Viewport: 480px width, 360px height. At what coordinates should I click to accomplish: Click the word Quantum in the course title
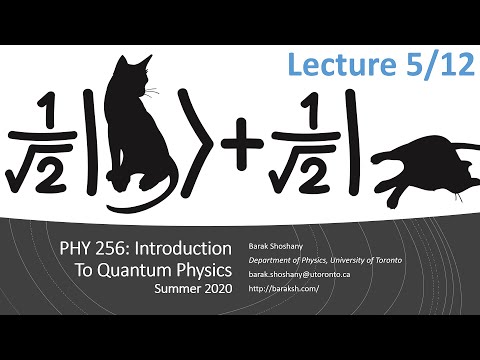coord(138,269)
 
